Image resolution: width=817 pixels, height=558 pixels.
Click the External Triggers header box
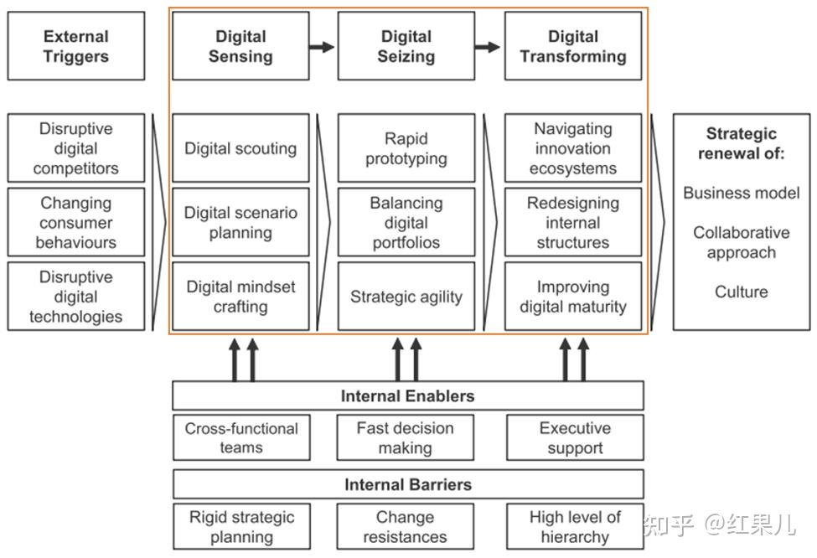(76, 46)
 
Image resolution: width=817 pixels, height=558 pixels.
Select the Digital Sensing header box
(240, 46)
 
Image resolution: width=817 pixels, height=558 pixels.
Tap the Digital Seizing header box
(406, 46)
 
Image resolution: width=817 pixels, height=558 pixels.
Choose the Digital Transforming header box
(573, 46)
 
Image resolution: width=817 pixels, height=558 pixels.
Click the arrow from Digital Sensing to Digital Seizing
(322, 47)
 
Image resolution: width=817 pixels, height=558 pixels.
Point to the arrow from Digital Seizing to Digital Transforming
(488, 47)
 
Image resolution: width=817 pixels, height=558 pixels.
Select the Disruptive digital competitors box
(76, 148)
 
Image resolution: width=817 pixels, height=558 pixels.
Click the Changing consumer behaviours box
(76, 222)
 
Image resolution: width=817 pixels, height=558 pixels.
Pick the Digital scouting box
(240, 148)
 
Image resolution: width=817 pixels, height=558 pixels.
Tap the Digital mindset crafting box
(240, 296)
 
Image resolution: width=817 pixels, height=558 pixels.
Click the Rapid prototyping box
(406, 148)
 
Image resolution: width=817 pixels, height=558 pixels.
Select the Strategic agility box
(406, 296)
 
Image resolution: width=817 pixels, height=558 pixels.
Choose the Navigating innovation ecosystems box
(573, 148)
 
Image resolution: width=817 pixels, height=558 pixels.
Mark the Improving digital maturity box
(573, 296)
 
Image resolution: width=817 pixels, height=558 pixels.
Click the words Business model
(742, 193)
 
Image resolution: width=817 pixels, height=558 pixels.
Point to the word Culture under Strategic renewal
(742, 292)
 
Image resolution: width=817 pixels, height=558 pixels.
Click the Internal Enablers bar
(408, 395)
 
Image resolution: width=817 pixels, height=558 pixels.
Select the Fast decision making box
(406, 437)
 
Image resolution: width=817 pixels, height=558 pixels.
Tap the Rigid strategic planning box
(241, 526)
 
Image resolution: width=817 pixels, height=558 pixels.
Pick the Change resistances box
(406, 526)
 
